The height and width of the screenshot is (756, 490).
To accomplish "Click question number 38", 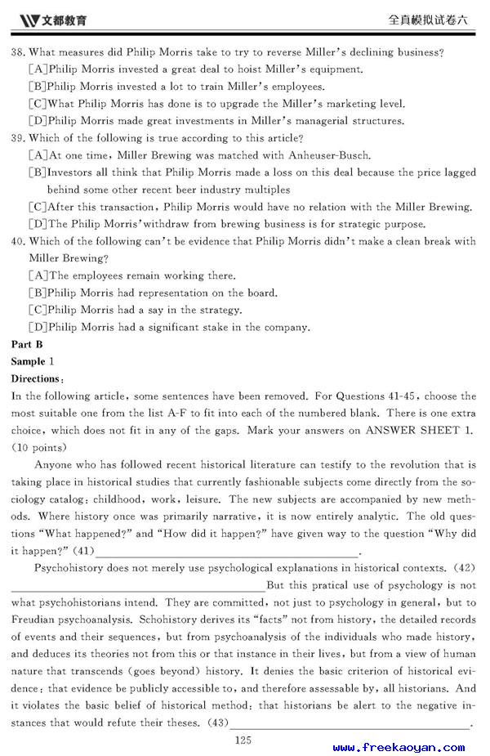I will pyautogui.click(x=18, y=52).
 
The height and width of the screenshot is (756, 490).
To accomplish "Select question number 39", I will pyautogui.click(x=18, y=138).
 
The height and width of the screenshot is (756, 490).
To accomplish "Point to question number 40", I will pyautogui.click(x=18, y=241).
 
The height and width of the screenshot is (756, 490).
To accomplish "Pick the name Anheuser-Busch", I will pyautogui.click(x=324, y=155).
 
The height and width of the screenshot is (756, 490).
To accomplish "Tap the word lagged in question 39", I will pyautogui.click(x=458, y=172).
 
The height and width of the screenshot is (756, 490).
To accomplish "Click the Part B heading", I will pyautogui.click(x=26, y=344).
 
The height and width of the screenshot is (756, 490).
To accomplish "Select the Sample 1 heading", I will pyautogui.click(x=33, y=361).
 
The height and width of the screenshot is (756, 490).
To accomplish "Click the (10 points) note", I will pyautogui.click(x=39, y=447).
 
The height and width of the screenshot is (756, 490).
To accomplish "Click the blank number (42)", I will pyautogui.click(x=465, y=568).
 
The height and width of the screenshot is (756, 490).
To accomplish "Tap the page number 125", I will pyautogui.click(x=243, y=740).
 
